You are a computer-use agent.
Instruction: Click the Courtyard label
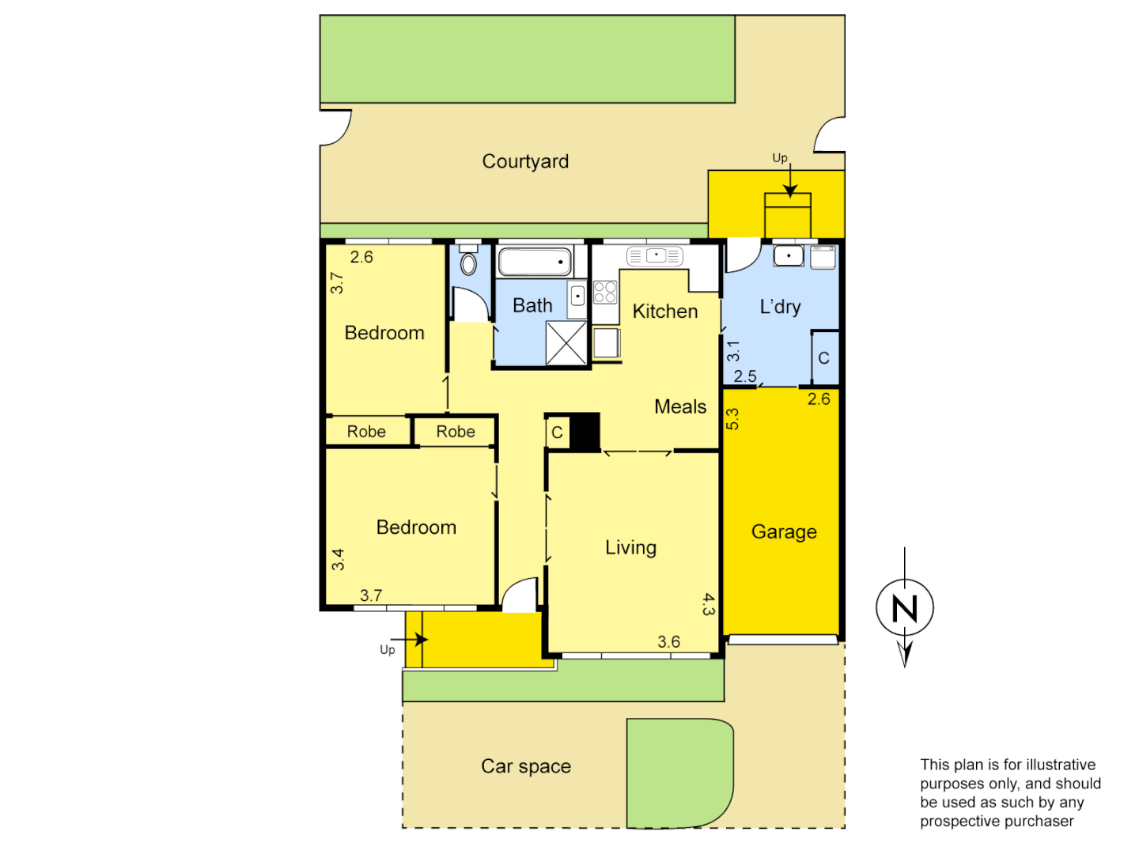pos(525,161)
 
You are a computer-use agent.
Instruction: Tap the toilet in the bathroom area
pos(468,262)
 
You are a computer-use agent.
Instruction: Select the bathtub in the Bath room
pos(535,262)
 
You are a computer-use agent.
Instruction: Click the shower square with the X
pos(566,343)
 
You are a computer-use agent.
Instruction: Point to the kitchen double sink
pos(655,256)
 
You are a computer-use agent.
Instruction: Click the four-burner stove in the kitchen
pos(605,292)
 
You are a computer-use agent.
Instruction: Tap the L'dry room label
pos(780,307)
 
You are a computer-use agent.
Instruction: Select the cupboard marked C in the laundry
pos(823,358)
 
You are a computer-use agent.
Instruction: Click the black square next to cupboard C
pos(585,432)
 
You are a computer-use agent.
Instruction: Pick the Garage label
pos(784,532)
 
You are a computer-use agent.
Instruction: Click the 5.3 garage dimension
pos(732,418)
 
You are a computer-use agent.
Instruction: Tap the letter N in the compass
pos(905,608)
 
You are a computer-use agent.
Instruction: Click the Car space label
pos(526,766)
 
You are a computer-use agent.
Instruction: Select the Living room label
pos(630,548)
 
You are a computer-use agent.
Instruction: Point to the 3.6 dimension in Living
pos(668,642)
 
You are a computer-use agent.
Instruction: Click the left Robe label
pos(366,432)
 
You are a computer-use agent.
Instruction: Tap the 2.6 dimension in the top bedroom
pos(361,257)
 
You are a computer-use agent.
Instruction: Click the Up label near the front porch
pos(387,650)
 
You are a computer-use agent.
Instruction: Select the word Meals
pos(680,407)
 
